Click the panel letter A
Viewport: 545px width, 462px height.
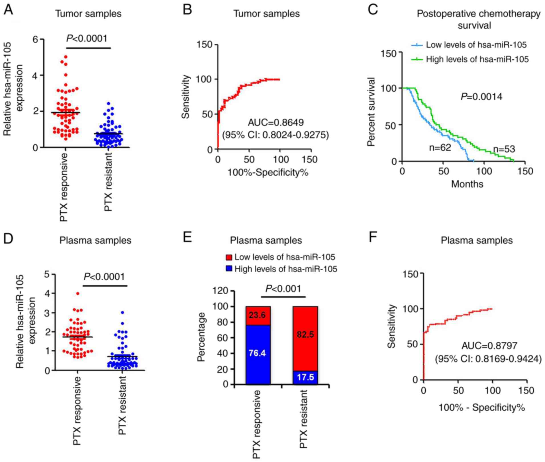(x=8, y=11)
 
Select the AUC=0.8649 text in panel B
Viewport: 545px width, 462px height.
(x=275, y=123)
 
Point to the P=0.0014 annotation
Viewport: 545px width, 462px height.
(x=481, y=97)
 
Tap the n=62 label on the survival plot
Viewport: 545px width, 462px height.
(x=440, y=147)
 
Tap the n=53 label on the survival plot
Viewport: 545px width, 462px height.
(x=504, y=149)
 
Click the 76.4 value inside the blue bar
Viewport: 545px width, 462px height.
(x=257, y=353)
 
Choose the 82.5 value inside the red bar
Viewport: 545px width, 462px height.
(x=305, y=334)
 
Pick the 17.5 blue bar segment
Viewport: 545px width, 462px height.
(x=305, y=377)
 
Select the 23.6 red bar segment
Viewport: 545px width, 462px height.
(x=258, y=315)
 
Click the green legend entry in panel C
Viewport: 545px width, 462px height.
(x=470, y=59)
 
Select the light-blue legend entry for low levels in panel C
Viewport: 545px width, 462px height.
(x=469, y=45)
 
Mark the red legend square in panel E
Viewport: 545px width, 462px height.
(x=229, y=257)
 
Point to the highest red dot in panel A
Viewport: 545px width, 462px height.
(x=65, y=57)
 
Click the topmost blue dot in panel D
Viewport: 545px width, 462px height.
(x=123, y=313)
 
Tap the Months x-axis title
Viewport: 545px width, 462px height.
(x=467, y=184)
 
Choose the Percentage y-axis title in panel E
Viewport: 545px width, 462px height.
(x=201, y=337)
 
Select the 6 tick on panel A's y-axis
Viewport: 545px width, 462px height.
(x=35, y=39)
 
